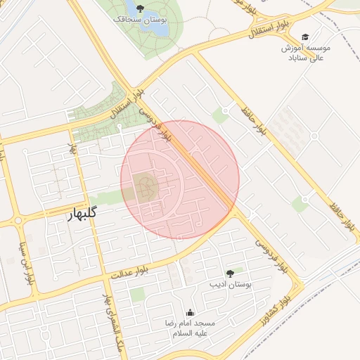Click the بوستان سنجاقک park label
[x=141, y=20]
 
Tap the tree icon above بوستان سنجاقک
[x=141, y=8]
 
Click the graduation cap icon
[x=304, y=37]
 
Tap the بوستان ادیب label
[x=230, y=285]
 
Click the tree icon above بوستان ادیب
[x=230, y=274]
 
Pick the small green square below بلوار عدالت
[x=137, y=294]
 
